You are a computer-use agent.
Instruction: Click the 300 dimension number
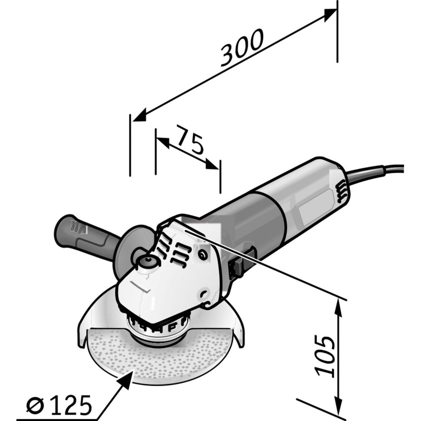(x=241, y=48)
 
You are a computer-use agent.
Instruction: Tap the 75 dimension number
(x=189, y=140)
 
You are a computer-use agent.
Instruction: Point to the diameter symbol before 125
(x=35, y=405)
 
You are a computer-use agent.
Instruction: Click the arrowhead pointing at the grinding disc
(x=126, y=379)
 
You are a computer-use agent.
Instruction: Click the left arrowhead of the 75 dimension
(x=163, y=142)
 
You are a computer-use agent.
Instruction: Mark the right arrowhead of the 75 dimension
(x=212, y=164)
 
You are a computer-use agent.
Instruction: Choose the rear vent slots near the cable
(x=342, y=191)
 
